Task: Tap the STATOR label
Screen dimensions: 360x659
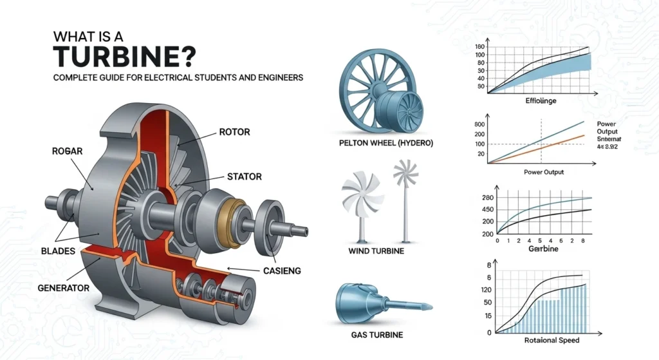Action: (244, 175)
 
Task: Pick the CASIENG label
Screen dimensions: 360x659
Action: (283, 271)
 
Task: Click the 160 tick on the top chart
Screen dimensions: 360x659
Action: (479, 47)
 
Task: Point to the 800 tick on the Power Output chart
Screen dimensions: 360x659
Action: (479, 124)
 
